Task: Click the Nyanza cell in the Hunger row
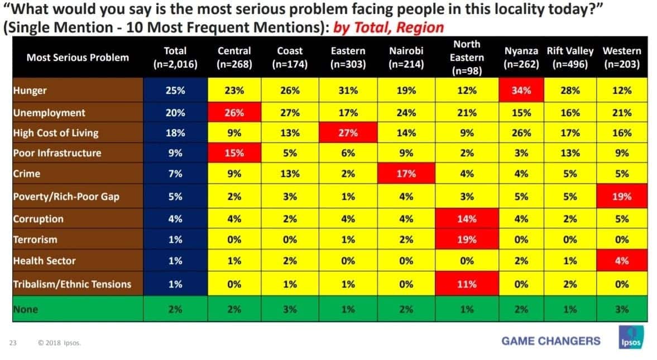(x=521, y=90)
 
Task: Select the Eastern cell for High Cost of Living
(x=348, y=133)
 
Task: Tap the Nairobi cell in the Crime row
(x=406, y=174)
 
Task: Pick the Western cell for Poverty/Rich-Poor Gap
(x=622, y=196)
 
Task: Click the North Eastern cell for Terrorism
(x=467, y=239)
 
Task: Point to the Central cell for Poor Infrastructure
(x=234, y=153)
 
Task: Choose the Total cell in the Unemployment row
(x=175, y=112)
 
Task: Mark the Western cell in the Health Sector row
(x=622, y=261)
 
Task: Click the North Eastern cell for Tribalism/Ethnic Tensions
(x=467, y=284)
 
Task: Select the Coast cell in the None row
(x=290, y=309)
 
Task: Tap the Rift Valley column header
(x=570, y=57)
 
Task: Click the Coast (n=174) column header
(x=290, y=57)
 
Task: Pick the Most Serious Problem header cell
(x=78, y=57)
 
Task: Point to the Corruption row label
(x=38, y=219)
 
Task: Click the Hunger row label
(x=30, y=90)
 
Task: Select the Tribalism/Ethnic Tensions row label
(x=72, y=284)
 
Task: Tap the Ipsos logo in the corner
(x=631, y=337)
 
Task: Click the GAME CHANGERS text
(x=551, y=340)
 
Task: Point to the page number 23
(x=13, y=343)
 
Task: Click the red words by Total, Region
(x=389, y=28)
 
